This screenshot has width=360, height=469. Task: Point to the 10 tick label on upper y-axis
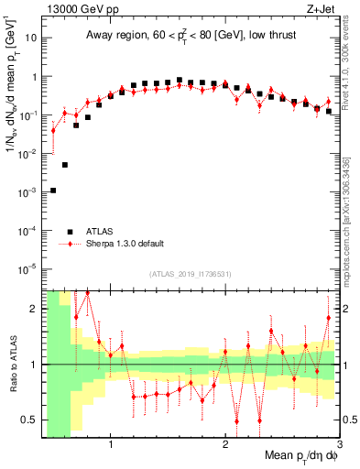(30, 39)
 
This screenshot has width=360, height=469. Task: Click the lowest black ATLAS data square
(53, 191)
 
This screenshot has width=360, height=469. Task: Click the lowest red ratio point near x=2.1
(236, 421)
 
